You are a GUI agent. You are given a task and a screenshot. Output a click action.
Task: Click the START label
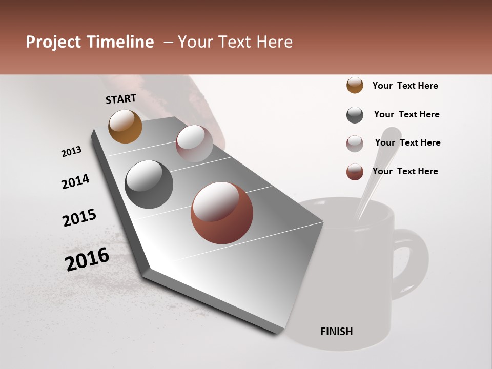[121, 99]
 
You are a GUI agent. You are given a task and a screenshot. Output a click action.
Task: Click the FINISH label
[336, 332]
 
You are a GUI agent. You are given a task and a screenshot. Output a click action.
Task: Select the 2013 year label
[71, 152]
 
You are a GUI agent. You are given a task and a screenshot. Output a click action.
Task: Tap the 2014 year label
[75, 181]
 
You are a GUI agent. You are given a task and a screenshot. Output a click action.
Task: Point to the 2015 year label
[79, 218]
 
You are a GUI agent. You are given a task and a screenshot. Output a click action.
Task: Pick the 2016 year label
[87, 259]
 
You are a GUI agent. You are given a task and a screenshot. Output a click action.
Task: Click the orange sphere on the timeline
[125, 126]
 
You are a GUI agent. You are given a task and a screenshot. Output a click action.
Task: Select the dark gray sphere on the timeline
[149, 184]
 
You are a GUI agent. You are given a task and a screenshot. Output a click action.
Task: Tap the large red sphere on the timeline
[222, 213]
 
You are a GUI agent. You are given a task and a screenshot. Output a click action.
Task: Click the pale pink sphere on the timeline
[194, 143]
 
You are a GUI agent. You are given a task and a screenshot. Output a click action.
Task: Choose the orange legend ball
[355, 86]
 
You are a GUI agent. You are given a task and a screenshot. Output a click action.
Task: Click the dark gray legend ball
[355, 115]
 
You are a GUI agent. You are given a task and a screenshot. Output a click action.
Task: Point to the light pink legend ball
[355, 143]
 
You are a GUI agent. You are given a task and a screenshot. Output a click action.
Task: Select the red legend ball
[355, 172]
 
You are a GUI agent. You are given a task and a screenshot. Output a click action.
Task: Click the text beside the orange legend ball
[405, 86]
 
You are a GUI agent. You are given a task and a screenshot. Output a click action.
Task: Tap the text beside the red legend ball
[405, 171]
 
